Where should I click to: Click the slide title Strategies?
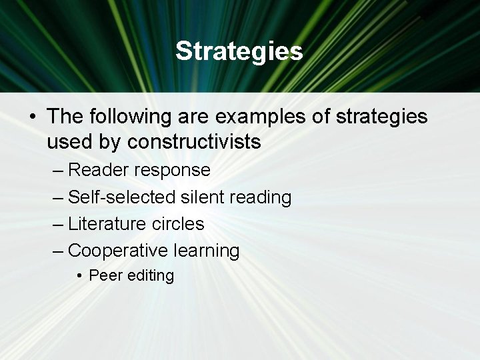point(239,51)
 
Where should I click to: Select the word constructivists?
point(194,142)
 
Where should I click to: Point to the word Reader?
point(98,170)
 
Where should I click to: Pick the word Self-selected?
point(123,197)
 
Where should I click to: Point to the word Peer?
point(103,275)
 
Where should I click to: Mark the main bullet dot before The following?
point(32,117)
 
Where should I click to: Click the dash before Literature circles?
point(58,225)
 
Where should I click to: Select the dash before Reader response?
point(58,171)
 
